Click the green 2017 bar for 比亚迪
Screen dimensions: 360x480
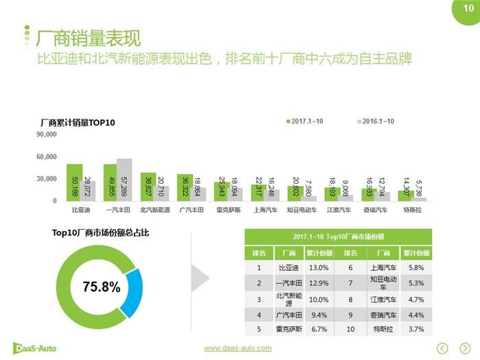tap(75, 182)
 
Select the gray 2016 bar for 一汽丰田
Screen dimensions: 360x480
tap(124, 180)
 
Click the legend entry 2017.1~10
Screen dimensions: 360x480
tap(304, 121)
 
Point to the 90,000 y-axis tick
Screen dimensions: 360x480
tap(47, 135)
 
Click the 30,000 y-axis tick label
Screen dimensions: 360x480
tap(47, 179)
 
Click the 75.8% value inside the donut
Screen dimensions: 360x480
tap(101, 287)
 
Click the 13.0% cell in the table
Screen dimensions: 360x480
tap(319, 268)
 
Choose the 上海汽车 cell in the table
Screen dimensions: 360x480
tap(383, 268)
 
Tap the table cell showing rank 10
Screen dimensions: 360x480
tap(351, 328)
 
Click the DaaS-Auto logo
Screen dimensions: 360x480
tap(35, 348)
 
